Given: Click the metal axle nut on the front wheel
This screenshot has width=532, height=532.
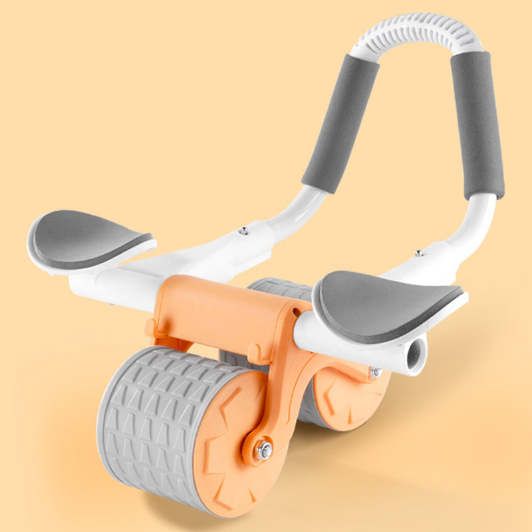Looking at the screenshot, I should (x=264, y=450).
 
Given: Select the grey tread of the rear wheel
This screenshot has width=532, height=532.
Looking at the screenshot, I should (x=279, y=293).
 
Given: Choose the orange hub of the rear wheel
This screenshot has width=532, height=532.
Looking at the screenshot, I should (x=342, y=399).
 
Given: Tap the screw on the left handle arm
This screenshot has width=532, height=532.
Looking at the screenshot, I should (x=244, y=231).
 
